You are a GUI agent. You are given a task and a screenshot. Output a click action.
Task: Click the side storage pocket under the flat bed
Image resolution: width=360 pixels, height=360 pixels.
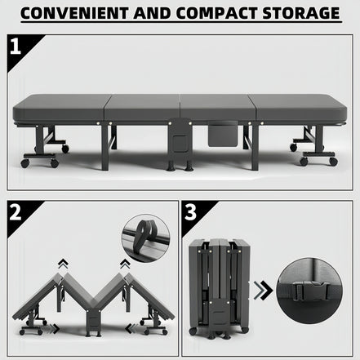(223, 134)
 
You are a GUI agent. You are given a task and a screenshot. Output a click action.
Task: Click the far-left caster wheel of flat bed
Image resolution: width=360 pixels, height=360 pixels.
(25, 163)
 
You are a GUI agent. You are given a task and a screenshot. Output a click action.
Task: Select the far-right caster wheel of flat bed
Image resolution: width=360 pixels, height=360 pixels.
(333, 162)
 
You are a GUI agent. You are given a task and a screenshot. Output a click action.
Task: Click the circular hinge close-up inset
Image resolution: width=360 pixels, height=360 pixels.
(145, 238)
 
